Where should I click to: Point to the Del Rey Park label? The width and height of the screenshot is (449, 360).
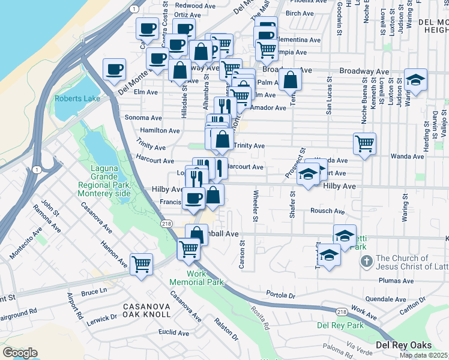click(340, 326)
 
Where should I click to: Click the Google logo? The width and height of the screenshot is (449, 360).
click(20, 353)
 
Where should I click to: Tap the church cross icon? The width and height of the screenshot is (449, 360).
click(366, 262)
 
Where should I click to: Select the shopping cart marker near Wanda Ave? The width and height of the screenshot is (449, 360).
click(364, 144)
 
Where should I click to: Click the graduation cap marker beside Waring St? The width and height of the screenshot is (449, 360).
click(415, 81)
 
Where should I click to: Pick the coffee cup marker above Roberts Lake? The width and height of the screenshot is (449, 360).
click(114, 69)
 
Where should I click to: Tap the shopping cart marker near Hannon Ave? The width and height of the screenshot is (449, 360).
click(141, 263)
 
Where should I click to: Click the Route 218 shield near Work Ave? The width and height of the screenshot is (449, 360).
click(342, 311)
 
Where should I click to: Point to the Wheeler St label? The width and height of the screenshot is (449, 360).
click(256, 206)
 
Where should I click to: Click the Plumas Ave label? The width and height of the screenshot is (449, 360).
click(397, 281)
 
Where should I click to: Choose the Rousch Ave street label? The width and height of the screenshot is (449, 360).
click(328, 211)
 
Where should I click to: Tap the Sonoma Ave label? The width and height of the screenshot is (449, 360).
click(143, 118)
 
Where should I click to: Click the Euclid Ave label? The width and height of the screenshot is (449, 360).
click(175, 332)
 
